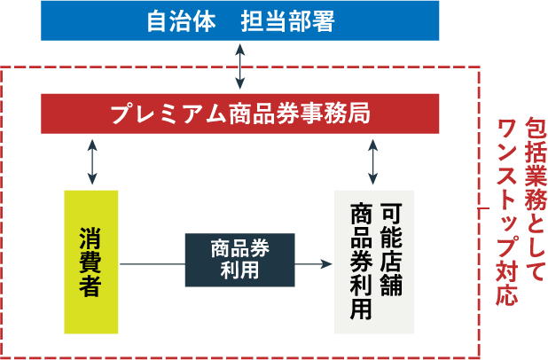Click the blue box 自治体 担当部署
[x=240, y=20]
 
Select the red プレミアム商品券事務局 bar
[x=240, y=113]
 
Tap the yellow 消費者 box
[x=90, y=262]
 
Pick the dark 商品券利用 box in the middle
[x=239, y=260]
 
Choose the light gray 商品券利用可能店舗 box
[x=374, y=262]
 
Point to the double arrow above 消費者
[x=92, y=161]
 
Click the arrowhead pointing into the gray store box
[x=326, y=263]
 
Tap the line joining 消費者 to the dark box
[x=151, y=263]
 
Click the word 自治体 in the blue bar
[x=181, y=20]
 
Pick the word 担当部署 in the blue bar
[x=287, y=20]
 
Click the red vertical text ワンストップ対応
[x=508, y=213]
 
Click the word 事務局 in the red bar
[x=338, y=113]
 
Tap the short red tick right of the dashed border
[x=485, y=209]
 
